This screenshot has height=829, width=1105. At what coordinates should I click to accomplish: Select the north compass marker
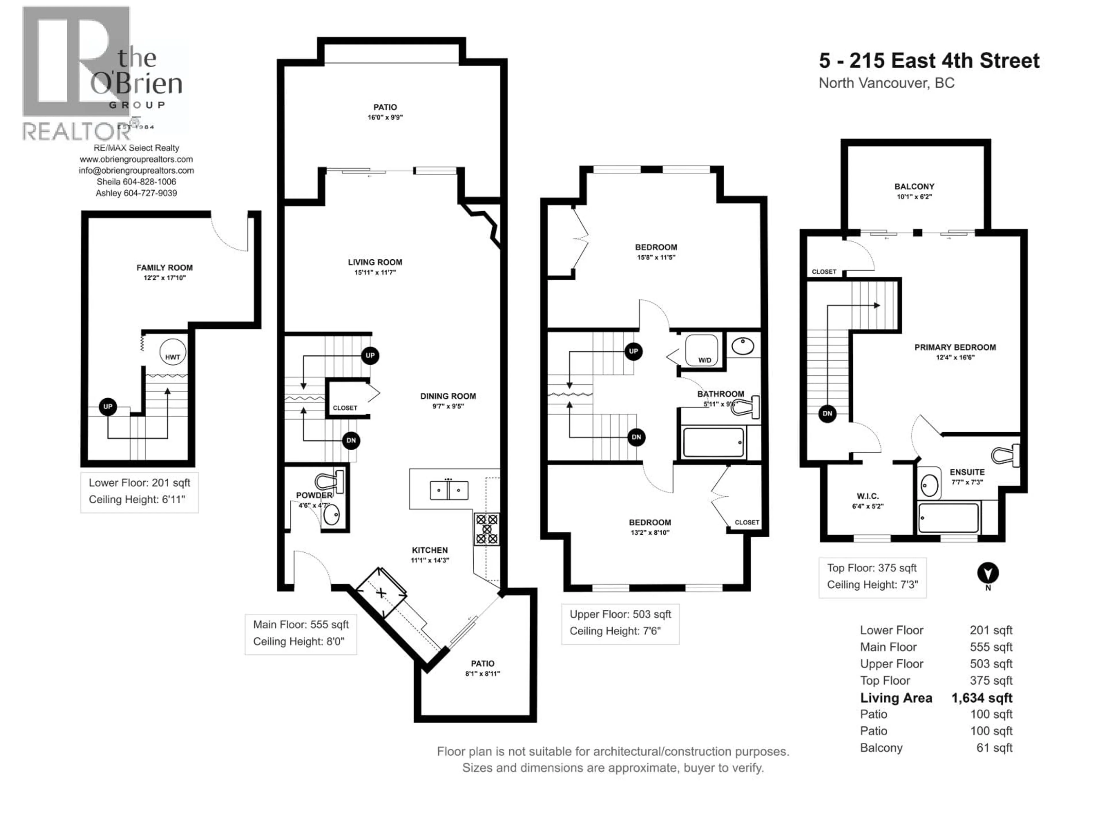click(988, 573)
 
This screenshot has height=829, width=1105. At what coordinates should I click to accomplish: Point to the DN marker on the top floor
click(827, 413)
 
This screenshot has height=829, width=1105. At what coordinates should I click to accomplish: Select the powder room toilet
click(330, 481)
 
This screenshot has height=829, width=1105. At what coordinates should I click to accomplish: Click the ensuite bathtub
click(948, 518)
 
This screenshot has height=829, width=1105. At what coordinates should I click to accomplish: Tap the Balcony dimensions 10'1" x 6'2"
click(914, 197)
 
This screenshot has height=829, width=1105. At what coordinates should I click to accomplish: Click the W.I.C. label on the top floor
click(867, 496)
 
